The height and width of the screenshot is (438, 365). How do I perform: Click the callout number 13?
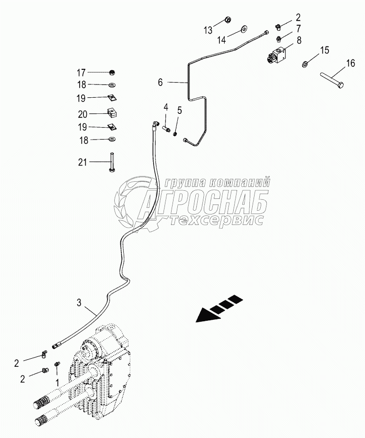pyautogui.click(x=208, y=30)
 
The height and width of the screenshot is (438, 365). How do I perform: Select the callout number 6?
pyautogui.click(x=160, y=82)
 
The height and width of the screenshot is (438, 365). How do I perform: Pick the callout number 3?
pyautogui.click(x=79, y=302)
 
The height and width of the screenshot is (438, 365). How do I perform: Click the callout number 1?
pyautogui.click(x=57, y=381)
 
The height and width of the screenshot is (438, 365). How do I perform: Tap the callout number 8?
pyautogui.click(x=299, y=40)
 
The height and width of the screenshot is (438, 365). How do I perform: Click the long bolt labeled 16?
pyautogui.click(x=331, y=78)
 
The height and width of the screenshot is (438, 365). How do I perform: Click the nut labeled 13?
pyautogui.click(x=227, y=21)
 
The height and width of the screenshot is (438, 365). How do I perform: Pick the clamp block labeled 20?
pyautogui.click(x=111, y=113)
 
